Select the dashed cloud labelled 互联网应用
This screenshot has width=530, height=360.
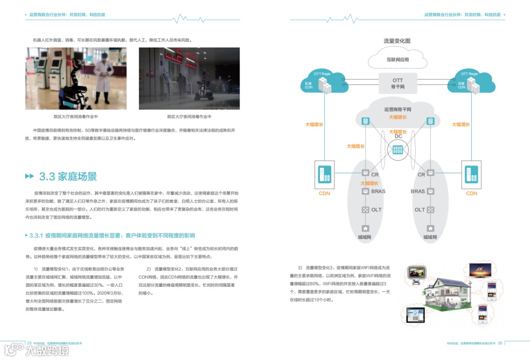tap(397, 60)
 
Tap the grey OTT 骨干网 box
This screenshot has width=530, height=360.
tap(398, 83)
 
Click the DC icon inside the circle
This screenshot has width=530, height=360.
tap(398, 149)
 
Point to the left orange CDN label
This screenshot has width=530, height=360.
tap(324, 194)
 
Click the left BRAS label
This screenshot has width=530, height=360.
tap(378, 192)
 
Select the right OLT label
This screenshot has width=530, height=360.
tap(420, 210)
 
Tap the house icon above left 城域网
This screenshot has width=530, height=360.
tap(365, 228)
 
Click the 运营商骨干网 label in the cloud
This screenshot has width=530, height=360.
tap(397, 110)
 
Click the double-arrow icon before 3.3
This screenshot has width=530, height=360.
tap(30, 176)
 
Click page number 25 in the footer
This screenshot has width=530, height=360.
tap(29, 343)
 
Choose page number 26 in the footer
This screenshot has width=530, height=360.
tap(500, 343)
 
